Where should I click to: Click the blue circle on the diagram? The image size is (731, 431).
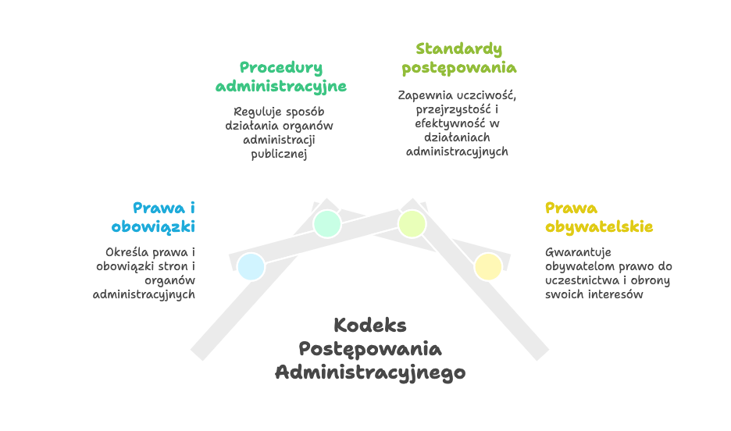pyautogui.click(x=251, y=267)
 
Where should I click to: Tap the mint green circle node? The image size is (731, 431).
pyautogui.click(x=327, y=224)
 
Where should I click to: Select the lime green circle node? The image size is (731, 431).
pyautogui.click(x=412, y=224)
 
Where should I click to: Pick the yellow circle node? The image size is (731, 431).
pyautogui.click(x=488, y=267)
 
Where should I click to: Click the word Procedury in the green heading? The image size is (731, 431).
pyautogui.click(x=281, y=68)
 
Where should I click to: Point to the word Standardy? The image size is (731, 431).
pyautogui.click(x=458, y=49)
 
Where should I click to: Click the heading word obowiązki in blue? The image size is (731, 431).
pyautogui.click(x=153, y=227)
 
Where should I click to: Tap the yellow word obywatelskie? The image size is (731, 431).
pyautogui.click(x=599, y=227)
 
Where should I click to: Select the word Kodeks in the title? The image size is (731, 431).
pyautogui.click(x=370, y=326)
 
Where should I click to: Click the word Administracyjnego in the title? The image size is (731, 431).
pyautogui.click(x=370, y=372)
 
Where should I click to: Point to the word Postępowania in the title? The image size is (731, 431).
pyautogui.click(x=370, y=349)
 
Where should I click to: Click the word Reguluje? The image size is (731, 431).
pyautogui.click(x=253, y=112)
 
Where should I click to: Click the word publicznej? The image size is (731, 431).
pyautogui.click(x=279, y=155)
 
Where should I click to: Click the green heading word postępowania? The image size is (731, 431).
pyautogui.click(x=458, y=69)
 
